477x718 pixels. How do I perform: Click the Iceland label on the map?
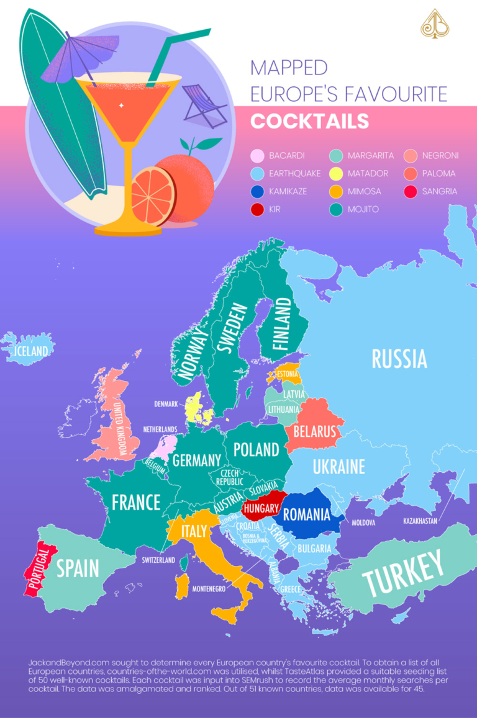point(30,351)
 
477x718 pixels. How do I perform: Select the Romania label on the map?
point(306,514)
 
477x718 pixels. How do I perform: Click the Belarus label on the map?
point(315,431)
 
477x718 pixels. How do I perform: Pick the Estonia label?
point(288,374)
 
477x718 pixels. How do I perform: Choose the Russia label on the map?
point(399,359)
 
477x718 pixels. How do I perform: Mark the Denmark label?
point(166,404)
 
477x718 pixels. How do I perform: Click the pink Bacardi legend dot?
point(256,156)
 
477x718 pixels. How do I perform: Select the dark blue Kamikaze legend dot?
point(256,192)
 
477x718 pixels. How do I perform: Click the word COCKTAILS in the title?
point(309,121)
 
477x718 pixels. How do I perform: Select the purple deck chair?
point(204,105)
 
